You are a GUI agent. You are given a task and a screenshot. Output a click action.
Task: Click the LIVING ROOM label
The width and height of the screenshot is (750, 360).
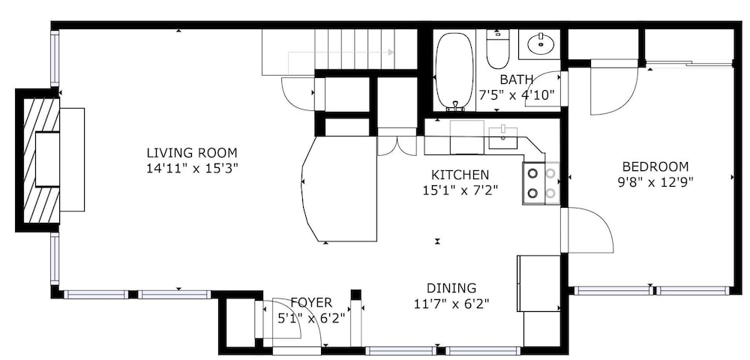[192, 154]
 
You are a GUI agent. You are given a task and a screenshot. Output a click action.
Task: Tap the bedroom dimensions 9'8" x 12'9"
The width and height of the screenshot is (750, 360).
[655, 181]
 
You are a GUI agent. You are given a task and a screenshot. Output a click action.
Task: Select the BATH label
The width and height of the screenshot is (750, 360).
[517, 79]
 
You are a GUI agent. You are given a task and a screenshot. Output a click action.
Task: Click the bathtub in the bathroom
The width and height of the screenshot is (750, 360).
[454, 70]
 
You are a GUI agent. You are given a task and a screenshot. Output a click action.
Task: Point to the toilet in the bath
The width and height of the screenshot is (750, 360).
[497, 49]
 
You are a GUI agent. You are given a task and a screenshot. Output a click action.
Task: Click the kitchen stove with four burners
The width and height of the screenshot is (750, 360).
[541, 183]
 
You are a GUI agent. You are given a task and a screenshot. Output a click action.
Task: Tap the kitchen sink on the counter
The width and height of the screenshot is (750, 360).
[502, 137]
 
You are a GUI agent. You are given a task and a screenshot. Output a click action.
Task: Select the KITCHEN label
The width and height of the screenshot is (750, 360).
[460, 175]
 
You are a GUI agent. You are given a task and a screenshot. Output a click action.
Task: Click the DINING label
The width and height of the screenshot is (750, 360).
[451, 288]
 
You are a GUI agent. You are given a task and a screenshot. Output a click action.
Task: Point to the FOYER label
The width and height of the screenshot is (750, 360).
[311, 303]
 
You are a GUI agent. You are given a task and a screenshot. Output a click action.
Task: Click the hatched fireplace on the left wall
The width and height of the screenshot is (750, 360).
[42, 160]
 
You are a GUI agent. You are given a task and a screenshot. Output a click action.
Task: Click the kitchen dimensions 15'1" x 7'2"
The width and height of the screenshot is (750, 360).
[460, 190]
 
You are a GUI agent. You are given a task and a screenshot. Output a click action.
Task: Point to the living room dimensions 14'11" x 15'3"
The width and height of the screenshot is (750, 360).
[192, 168]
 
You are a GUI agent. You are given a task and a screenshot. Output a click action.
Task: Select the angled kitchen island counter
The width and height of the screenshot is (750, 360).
[340, 189]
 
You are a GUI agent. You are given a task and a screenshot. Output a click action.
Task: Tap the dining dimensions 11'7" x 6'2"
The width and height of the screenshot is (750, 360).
[451, 303]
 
